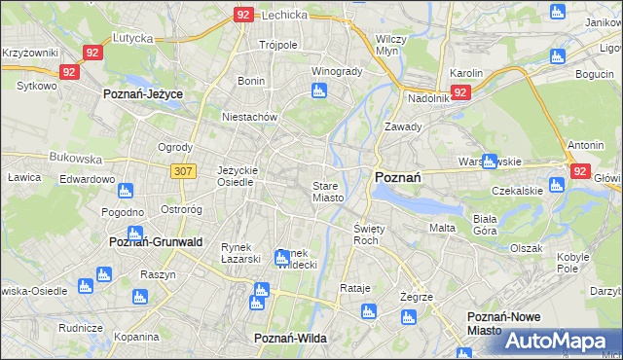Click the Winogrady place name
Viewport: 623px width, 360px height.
(336, 72)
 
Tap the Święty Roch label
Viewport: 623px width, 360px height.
(365, 234)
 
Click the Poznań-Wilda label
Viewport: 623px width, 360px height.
(289, 338)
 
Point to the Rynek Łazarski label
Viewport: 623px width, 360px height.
(240, 252)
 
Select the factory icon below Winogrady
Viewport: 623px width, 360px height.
(318, 92)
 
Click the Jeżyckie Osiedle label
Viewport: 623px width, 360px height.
(237, 175)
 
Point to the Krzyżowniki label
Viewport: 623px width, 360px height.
(29, 53)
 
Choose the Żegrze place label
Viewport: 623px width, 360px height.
(416, 296)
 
